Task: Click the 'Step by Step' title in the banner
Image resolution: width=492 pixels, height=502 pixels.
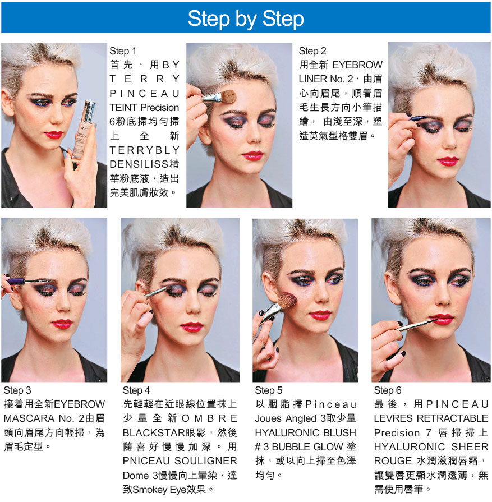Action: (246, 19)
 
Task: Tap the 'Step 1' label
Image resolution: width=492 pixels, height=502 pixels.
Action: (123, 51)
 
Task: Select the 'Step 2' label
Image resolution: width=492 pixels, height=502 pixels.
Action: (312, 51)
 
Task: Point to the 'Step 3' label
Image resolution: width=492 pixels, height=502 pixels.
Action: (17, 390)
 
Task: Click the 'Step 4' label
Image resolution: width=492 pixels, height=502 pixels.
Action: (136, 390)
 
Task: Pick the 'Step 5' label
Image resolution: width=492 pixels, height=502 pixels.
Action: (268, 390)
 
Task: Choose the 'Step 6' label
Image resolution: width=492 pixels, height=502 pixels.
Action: (388, 390)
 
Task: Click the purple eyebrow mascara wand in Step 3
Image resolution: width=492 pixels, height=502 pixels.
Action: (22, 282)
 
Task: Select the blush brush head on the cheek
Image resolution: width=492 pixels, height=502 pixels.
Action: (287, 302)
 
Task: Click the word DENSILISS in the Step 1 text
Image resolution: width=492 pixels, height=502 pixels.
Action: (140, 164)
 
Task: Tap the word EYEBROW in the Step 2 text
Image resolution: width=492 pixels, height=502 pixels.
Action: (357, 65)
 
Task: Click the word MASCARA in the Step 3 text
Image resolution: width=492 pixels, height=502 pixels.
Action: (29, 418)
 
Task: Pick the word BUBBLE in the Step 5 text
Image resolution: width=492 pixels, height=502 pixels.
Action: (297, 446)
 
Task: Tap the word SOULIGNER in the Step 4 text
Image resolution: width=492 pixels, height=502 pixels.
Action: (206, 461)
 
